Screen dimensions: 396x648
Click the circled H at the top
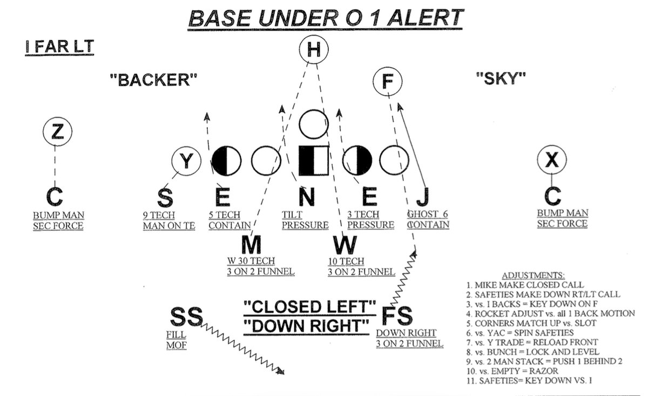[x=314, y=50]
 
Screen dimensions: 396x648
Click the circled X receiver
[x=552, y=160]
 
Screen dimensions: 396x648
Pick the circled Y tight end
[x=186, y=161]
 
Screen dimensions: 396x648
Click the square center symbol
[x=314, y=160]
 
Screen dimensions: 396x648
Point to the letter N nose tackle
[x=306, y=197]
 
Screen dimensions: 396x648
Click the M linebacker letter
[x=251, y=245]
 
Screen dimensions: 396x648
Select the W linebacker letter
[x=345, y=245]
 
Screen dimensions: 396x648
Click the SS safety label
[x=186, y=317]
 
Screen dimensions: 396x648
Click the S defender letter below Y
[x=165, y=197]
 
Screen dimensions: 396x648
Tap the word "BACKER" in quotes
[x=153, y=80]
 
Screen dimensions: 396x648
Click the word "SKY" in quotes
[x=501, y=79]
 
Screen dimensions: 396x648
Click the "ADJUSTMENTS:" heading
[x=534, y=275]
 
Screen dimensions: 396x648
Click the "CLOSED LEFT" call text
[x=309, y=307]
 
